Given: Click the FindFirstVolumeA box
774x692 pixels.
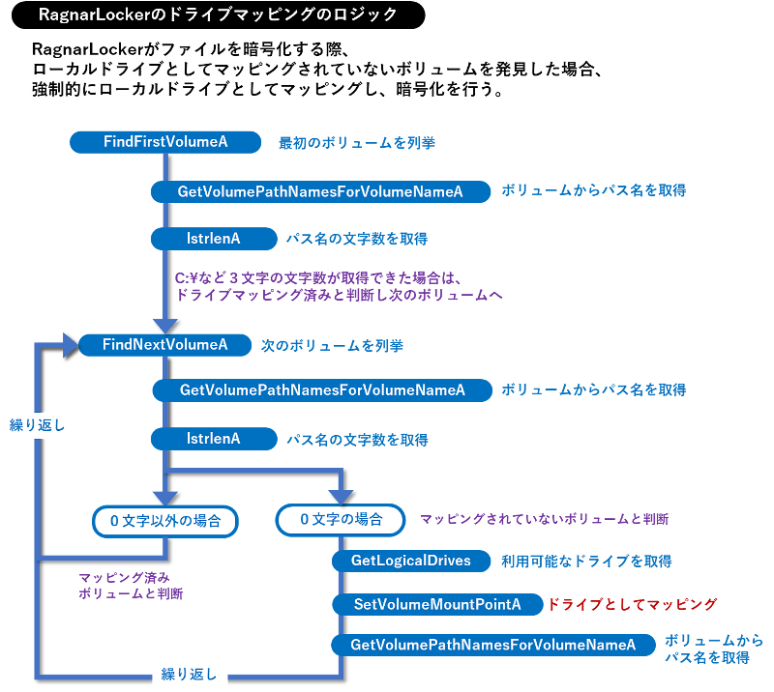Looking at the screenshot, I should (x=165, y=142).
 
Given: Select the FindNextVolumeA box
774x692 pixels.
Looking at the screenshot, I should (x=165, y=344).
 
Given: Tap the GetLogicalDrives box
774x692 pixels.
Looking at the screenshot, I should (x=410, y=561).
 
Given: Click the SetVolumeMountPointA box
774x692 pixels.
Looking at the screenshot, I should (x=436, y=605).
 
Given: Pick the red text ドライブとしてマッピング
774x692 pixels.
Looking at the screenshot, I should (x=633, y=605).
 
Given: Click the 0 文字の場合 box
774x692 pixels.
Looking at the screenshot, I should (x=341, y=520).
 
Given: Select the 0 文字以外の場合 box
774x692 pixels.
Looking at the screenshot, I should (x=165, y=521).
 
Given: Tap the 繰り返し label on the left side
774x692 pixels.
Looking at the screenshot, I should (x=38, y=424).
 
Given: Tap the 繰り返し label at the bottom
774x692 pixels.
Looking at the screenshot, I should (x=189, y=674).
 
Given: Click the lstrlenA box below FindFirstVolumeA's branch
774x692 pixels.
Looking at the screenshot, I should (x=213, y=238).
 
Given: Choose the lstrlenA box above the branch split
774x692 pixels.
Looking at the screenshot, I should (x=213, y=439).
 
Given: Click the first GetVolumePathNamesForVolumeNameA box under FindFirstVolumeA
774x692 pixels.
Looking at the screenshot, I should (x=320, y=191).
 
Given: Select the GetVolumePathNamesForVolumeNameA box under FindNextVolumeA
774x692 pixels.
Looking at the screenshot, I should (x=322, y=389).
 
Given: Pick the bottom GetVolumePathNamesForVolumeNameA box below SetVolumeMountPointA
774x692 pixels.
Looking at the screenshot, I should (x=492, y=645).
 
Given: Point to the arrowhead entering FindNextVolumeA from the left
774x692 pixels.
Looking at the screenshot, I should (x=69, y=344).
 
